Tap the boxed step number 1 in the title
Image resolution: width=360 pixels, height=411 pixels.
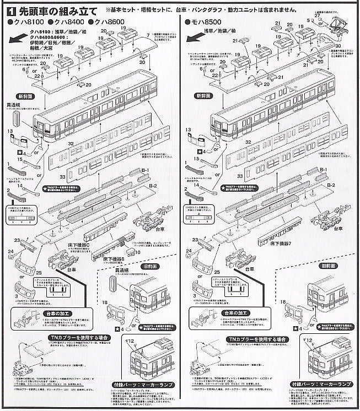coord(12,10)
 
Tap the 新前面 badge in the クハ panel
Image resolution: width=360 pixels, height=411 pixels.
coord(28,96)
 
